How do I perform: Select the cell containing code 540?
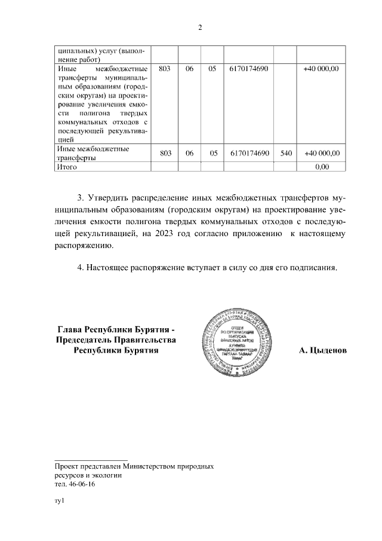286,154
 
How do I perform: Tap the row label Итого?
67,167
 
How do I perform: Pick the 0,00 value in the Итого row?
322,167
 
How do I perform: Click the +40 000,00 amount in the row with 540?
322,154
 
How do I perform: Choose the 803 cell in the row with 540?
166,154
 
